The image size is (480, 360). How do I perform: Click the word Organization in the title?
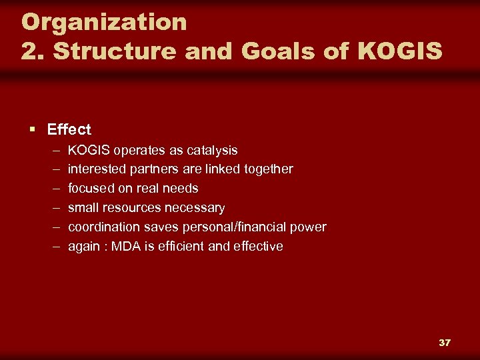(x=104, y=22)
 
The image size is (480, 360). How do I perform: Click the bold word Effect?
(x=69, y=129)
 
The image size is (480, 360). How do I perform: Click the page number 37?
(x=445, y=343)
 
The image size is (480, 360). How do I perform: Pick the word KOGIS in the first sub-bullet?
(x=89, y=150)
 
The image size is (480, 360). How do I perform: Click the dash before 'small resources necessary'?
(x=54, y=208)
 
